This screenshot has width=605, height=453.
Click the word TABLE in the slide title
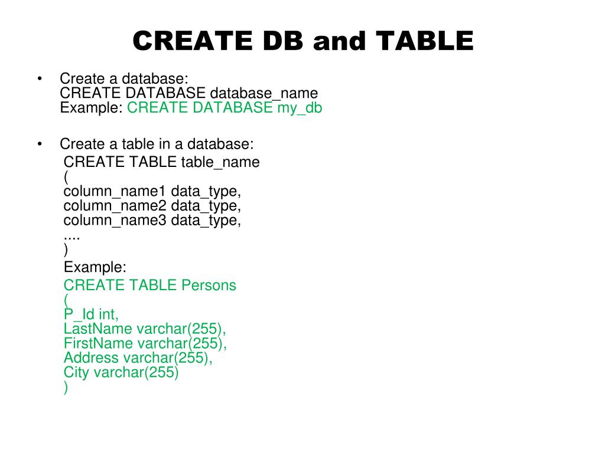pyautogui.click(x=424, y=41)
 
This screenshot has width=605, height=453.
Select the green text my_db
pyautogui.click(x=300, y=108)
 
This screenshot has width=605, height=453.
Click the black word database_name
pyautogui.click(x=264, y=93)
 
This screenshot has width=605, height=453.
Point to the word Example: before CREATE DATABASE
pyautogui.click(x=92, y=108)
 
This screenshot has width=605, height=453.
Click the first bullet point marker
pyautogui.click(x=40, y=78)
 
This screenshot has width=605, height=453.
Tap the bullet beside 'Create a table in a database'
pyautogui.click(x=40, y=144)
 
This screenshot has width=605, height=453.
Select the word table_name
pyautogui.click(x=220, y=162)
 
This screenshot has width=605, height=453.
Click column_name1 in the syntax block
pyautogui.click(x=115, y=191)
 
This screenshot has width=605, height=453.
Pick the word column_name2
pyautogui.click(x=115, y=206)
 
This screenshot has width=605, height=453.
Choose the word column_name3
pyautogui.click(x=115, y=221)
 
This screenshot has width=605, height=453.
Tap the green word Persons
pyautogui.click(x=209, y=285)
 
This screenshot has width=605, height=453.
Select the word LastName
pyautogui.click(x=98, y=329)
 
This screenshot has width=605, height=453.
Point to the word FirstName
pyautogui.click(x=99, y=343)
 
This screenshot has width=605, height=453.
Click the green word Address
pyautogui.click(x=91, y=358)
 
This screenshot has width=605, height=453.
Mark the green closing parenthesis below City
pyautogui.click(x=66, y=388)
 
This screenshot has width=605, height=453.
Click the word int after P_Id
pyautogui.click(x=108, y=314)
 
